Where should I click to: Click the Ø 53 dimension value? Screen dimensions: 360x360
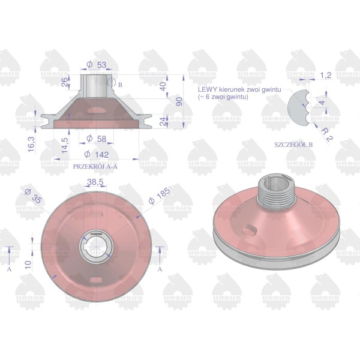[x=97, y=65]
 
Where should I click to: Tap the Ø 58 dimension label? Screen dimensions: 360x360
[x=97, y=139]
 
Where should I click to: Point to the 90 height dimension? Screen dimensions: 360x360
[x=179, y=101]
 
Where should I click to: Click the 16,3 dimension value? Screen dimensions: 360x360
[x=31, y=144]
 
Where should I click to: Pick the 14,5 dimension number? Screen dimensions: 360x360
[x=65, y=146]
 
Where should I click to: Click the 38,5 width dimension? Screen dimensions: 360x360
[x=95, y=182]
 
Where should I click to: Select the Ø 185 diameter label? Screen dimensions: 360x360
[x=160, y=196]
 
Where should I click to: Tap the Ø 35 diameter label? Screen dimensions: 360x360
[x=34, y=196]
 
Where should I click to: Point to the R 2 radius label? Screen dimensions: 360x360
[x=327, y=135]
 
